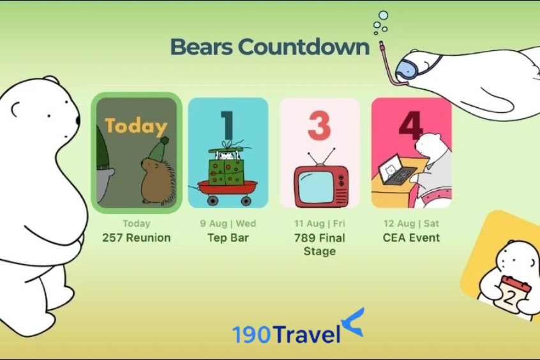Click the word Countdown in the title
coord(304,47)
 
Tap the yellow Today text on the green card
coord(136,126)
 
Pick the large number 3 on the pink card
coord(319,124)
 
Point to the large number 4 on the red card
coord(411,124)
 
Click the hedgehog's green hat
coord(158,150)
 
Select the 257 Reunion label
coord(137,238)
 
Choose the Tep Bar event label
coord(228,238)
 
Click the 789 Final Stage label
coord(319,244)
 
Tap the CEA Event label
coord(411,238)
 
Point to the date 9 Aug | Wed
coord(228,224)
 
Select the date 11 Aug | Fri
coord(319,224)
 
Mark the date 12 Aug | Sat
coord(411,224)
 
